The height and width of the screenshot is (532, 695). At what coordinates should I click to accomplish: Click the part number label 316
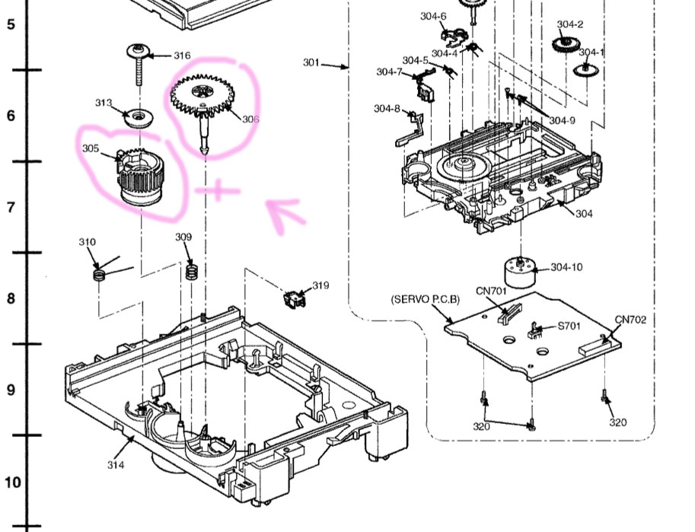[182, 56]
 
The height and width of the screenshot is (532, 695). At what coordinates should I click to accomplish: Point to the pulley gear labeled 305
[142, 177]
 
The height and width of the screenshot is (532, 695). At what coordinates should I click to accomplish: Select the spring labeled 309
[192, 270]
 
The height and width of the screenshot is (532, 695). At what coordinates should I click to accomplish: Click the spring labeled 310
[98, 272]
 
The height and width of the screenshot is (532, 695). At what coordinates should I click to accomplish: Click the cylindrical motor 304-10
[521, 272]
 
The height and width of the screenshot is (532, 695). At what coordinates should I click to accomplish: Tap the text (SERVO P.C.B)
[426, 299]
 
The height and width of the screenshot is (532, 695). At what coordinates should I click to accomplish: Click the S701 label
[571, 326]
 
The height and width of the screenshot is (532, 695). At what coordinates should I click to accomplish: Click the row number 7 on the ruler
[11, 207]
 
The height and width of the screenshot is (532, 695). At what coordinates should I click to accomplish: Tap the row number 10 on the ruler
[12, 482]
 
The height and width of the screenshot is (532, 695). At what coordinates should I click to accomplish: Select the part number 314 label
[116, 465]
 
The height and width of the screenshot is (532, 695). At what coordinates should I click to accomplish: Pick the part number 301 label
[311, 62]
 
